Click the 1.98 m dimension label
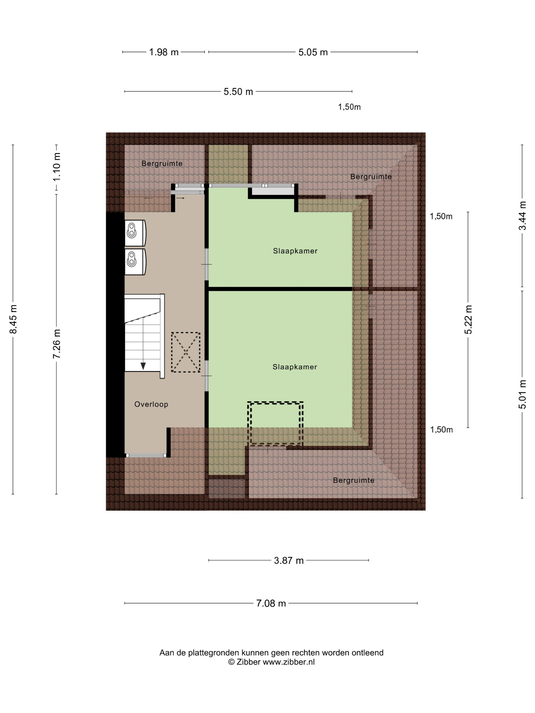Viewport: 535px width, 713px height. pyautogui.click(x=164, y=52)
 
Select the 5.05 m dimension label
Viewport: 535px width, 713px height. pyautogui.click(x=313, y=52)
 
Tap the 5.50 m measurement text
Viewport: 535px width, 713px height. pyautogui.click(x=238, y=91)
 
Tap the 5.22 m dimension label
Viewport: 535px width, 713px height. pyautogui.click(x=468, y=319)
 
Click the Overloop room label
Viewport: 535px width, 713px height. pyautogui.click(x=151, y=404)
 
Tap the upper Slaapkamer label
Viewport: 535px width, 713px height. pyautogui.click(x=295, y=251)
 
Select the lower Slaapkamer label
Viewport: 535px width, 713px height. pyautogui.click(x=295, y=367)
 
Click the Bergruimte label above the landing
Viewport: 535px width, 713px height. pyautogui.click(x=162, y=163)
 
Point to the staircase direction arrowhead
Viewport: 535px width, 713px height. pyautogui.click(x=143, y=366)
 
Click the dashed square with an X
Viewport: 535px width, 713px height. pyautogui.click(x=185, y=353)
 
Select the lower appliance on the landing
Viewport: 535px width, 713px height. pyautogui.click(x=135, y=262)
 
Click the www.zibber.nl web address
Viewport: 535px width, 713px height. pyautogui.click(x=289, y=662)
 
